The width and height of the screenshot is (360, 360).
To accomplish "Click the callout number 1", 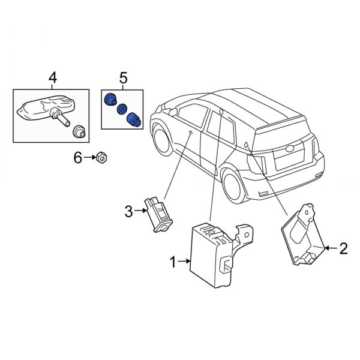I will pyautogui.click(x=173, y=262).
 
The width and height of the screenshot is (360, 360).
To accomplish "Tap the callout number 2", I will pyautogui.click(x=343, y=248).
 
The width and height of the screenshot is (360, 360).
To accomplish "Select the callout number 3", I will pyautogui.click(x=128, y=211).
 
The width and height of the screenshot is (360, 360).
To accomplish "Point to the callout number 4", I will pyautogui.click(x=53, y=77).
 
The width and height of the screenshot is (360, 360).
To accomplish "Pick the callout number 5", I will pyautogui.click(x=123, y=77).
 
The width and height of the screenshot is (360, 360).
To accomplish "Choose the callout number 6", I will pyautogui.click(x=77, y=158).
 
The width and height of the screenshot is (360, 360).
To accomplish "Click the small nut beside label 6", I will pyautogui.click(x=101, y=158).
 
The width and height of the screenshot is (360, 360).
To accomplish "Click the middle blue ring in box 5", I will pyautogui.click(x=121, y=109).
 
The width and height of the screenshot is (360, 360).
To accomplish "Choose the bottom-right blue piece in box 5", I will pyautogui.click(x=133, y=120).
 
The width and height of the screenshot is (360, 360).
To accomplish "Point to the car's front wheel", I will pyautogui.click(x=162, y=138).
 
